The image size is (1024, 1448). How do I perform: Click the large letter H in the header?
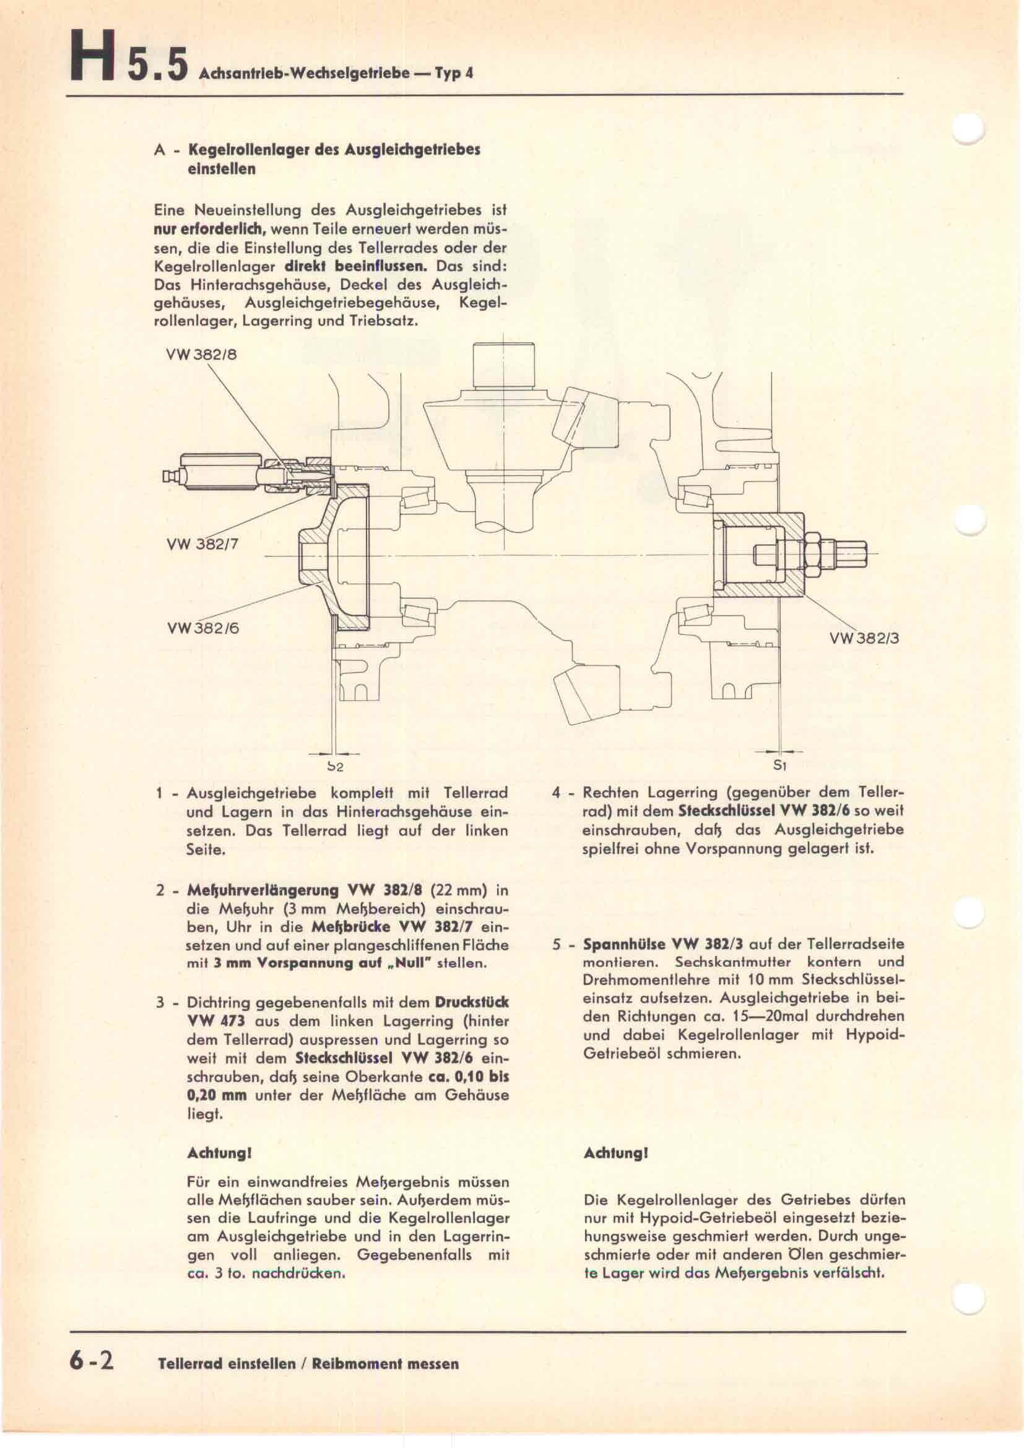[93, 59]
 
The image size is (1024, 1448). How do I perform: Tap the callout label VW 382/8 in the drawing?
[201, 355]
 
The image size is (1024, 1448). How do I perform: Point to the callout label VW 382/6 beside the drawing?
[203, 628]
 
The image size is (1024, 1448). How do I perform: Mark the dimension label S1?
[781, 766]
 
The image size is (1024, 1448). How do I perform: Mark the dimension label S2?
[335, 768]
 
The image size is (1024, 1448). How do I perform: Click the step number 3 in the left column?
[160, 1003]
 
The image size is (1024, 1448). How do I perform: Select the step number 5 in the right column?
[557, 945]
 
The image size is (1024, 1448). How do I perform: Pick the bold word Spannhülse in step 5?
[623, 945]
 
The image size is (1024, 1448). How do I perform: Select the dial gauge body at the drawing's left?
[218, 472]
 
